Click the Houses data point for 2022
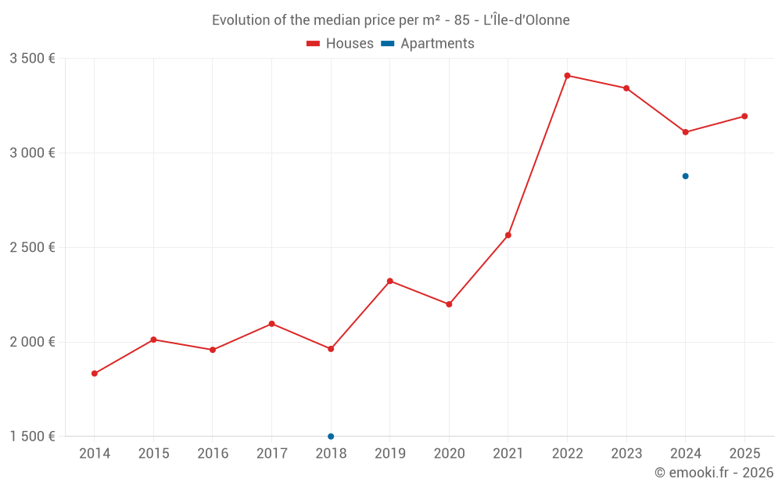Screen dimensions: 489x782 pyautogui.click(x=567, y=76)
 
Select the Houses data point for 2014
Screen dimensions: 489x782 pyautogui.click(x=95, y=373)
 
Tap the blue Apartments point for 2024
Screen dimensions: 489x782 pyautogui.click(x=685, y=176)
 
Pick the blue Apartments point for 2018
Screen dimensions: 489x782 pyautogui.click(x=331, y=436)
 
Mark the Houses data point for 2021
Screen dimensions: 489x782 pyautogui.click(x=508, y=235)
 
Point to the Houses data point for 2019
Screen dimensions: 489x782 pyautogui.click(x=390, y=281)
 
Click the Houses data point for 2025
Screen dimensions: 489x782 pyautogui.click(x=744, y=117)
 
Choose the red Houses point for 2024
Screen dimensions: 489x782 pyautogui.click(x=685, y=132)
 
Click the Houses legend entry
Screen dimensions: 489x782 pyautogui.click(x=340, y=44)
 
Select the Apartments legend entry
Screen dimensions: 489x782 pyautogui.click(x=428, y=44)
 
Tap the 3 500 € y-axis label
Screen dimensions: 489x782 pyautogui.click(x=32, y=58)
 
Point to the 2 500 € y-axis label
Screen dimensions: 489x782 pyautogui.click(x=32, y=247)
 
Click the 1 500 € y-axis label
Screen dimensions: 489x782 pyautogui.click(x=32, y=437)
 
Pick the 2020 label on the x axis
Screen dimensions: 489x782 pyautogui.click(x=449, y=454)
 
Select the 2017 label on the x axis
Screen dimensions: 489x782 pyautogui.click(x=271, y=454)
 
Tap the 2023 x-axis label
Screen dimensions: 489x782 pyautogui.click(x=626, y=454)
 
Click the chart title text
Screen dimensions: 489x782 pyautogui.click(x=391, y=20)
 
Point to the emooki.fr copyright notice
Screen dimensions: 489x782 pyautogui.click(x=714, y=473)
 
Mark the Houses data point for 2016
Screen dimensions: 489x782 pyautogui.click(x=213, y=350)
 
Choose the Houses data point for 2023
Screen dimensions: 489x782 pyautogui.click(x=626, y=88)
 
